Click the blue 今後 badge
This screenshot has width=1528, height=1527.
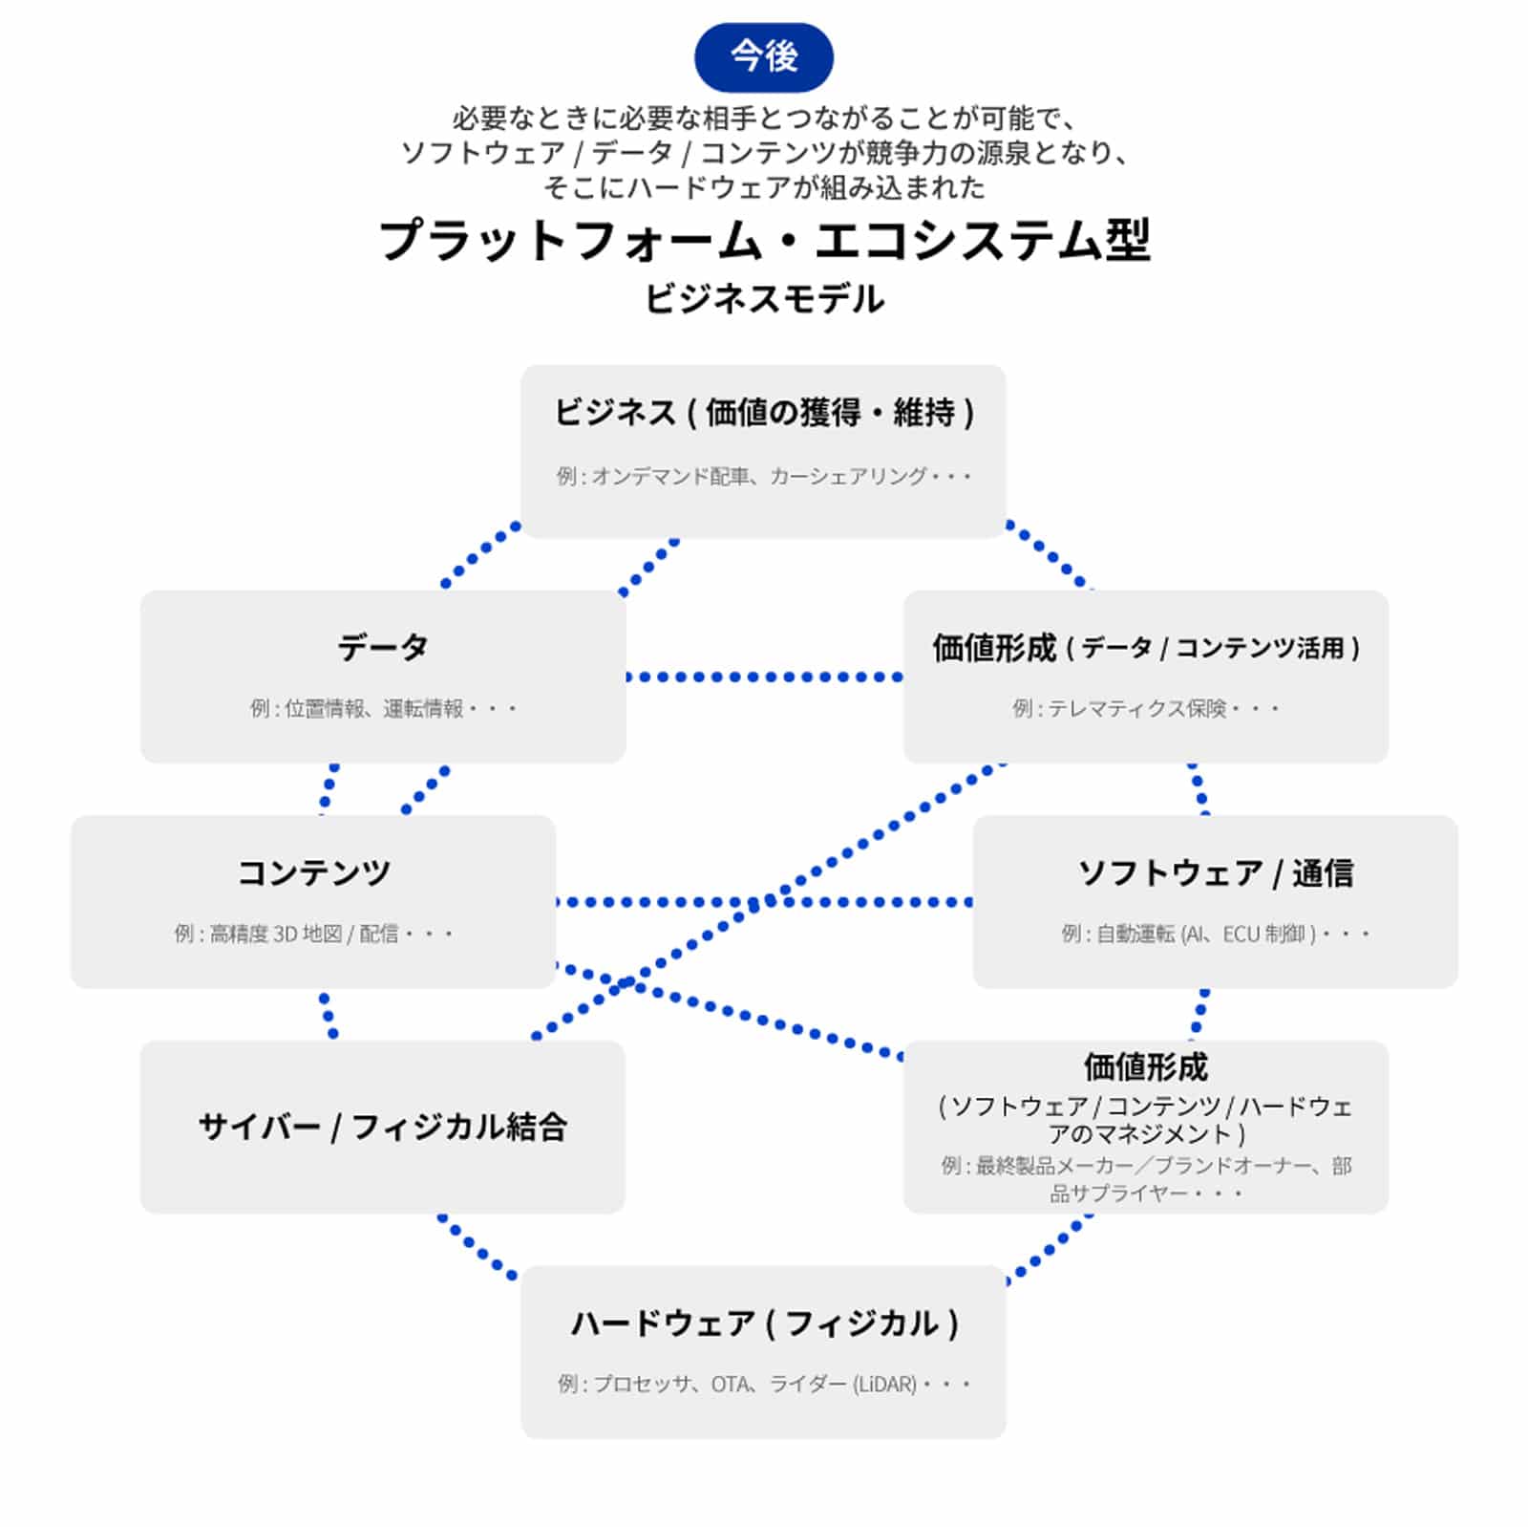coord(763,56)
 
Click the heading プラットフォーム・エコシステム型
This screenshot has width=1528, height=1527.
coord(764,240)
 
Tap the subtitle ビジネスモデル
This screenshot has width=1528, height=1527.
coord(764,299)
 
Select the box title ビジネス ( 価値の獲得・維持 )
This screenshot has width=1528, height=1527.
coord(764,413)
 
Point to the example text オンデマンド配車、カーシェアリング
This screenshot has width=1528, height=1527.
coord(764,476)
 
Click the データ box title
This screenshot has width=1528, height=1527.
coord(382,647)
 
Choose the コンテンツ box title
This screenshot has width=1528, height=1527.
coord(313,872)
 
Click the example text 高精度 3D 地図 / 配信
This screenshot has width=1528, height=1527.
coord(314,934)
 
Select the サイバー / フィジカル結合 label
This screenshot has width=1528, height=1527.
coord(382,1127)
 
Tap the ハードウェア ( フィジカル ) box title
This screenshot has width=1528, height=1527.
coord(764,1323)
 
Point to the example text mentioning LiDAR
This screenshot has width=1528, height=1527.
coord(764,1384)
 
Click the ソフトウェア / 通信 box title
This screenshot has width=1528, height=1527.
coord(1215,872)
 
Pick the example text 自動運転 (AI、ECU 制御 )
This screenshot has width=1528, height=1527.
coord(1215,934)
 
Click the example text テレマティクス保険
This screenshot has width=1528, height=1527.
coord(1145,709)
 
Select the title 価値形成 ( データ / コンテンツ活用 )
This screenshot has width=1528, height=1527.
coord(1145,648)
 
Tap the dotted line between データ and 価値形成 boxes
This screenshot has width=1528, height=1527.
coord(764,677)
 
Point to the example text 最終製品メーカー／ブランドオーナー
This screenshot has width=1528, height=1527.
coord(1146,1166)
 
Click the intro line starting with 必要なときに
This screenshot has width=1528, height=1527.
coord(764,118)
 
